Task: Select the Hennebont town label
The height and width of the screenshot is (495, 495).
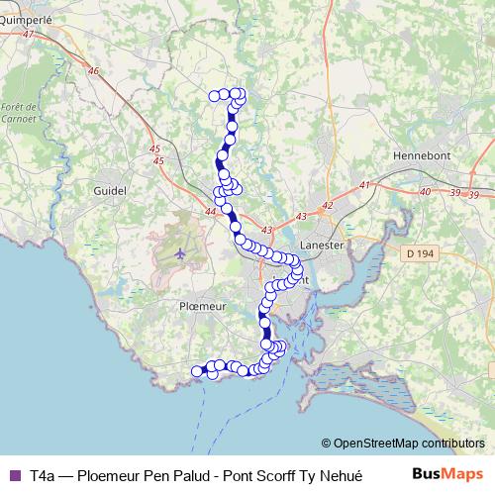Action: (423, 156)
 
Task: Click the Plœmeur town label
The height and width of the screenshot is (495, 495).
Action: (202, 307)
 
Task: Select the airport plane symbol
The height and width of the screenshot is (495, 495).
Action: (180, 253)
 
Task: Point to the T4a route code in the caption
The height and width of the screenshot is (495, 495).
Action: (43, 475)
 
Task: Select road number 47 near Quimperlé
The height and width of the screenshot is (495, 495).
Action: (27, 34)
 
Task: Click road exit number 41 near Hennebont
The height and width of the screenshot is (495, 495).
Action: (364, 185)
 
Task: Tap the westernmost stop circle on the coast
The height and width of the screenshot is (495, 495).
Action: (197, 371)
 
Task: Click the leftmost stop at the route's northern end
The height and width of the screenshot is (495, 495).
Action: (214, 95)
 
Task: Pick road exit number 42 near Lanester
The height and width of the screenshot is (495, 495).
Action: (328, 204)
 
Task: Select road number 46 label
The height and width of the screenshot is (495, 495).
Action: (94, 70)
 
